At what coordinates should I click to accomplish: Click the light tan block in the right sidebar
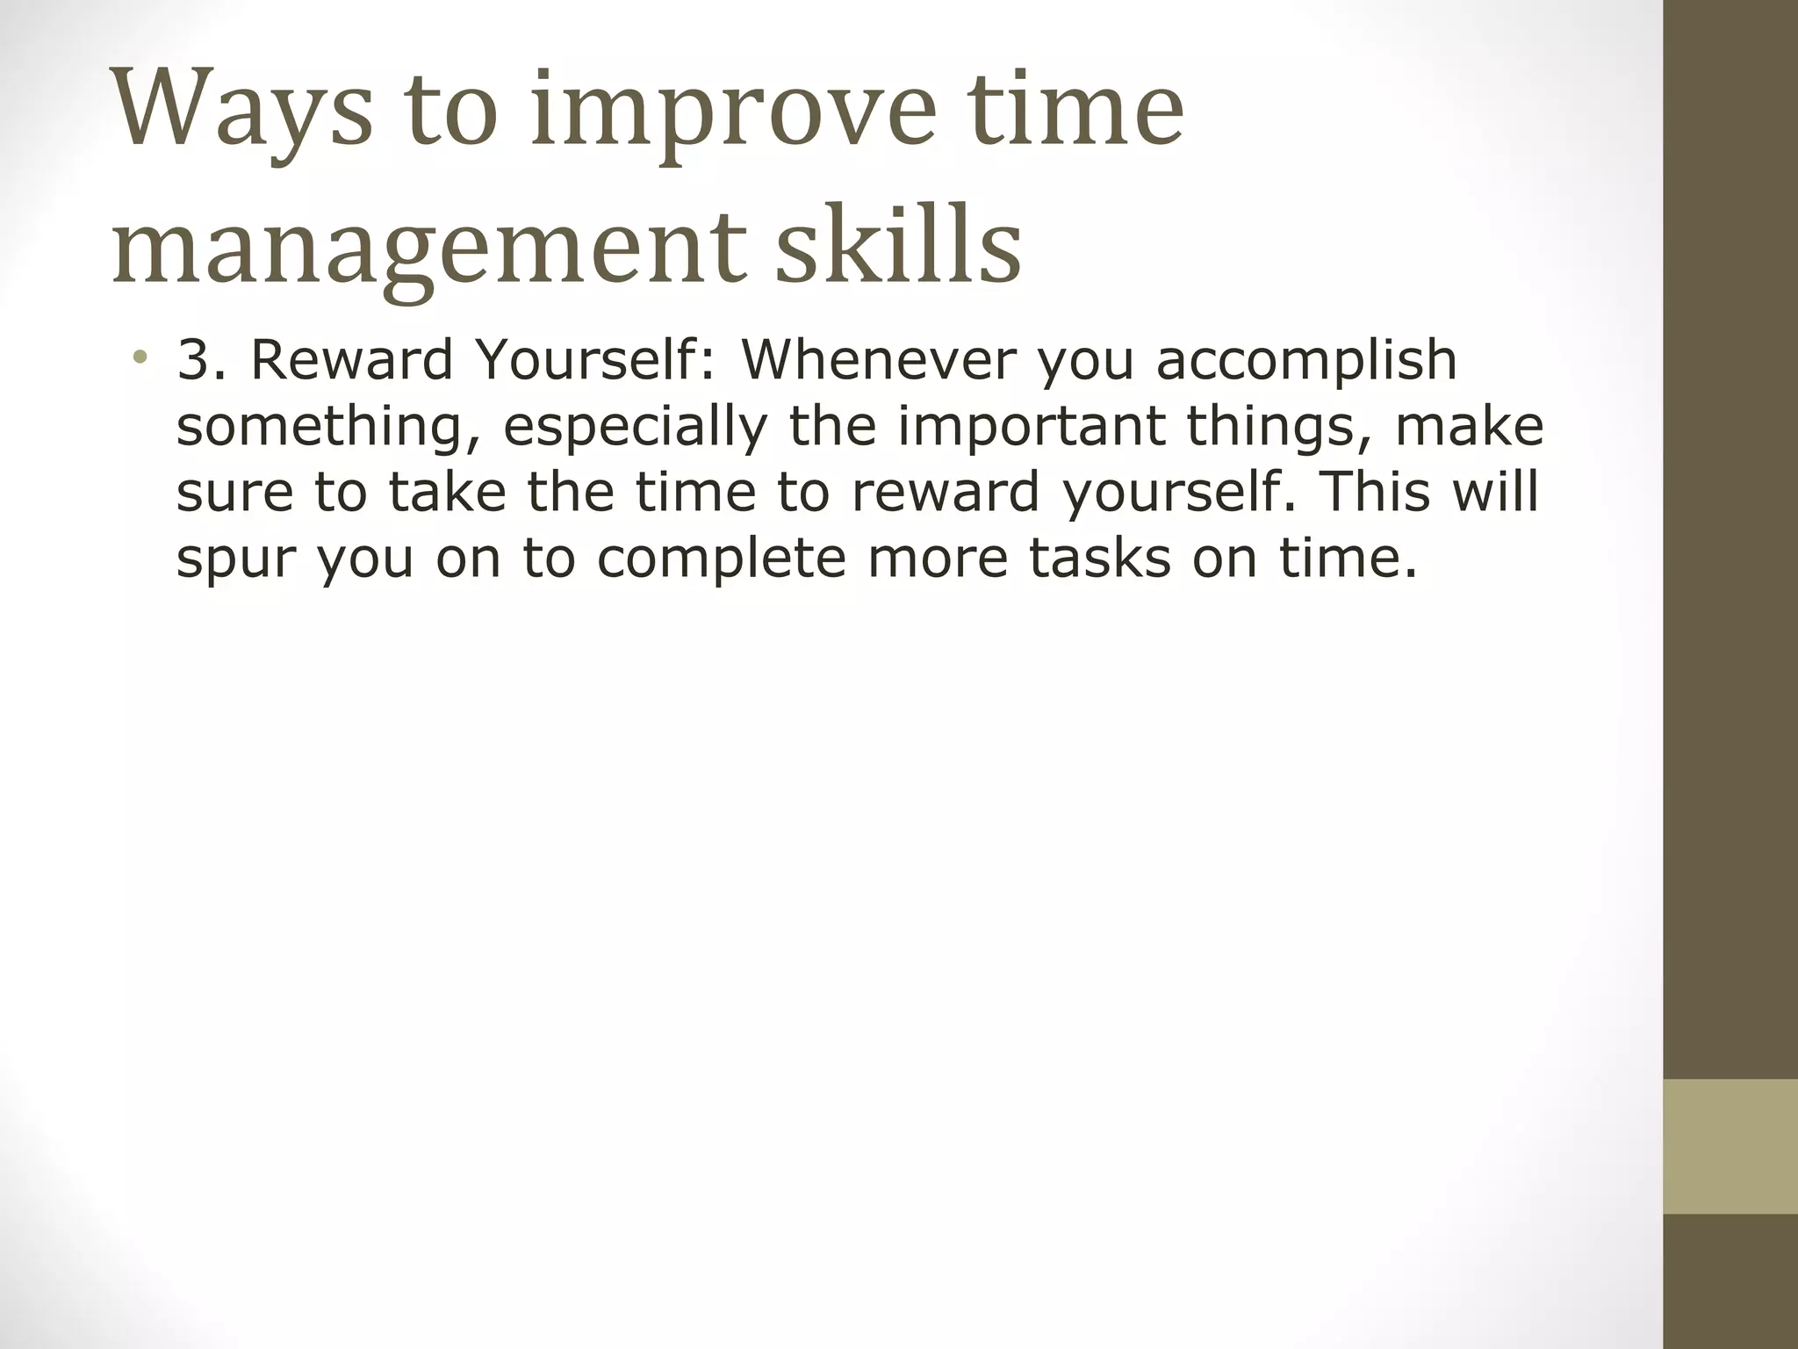point(1730,1146)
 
